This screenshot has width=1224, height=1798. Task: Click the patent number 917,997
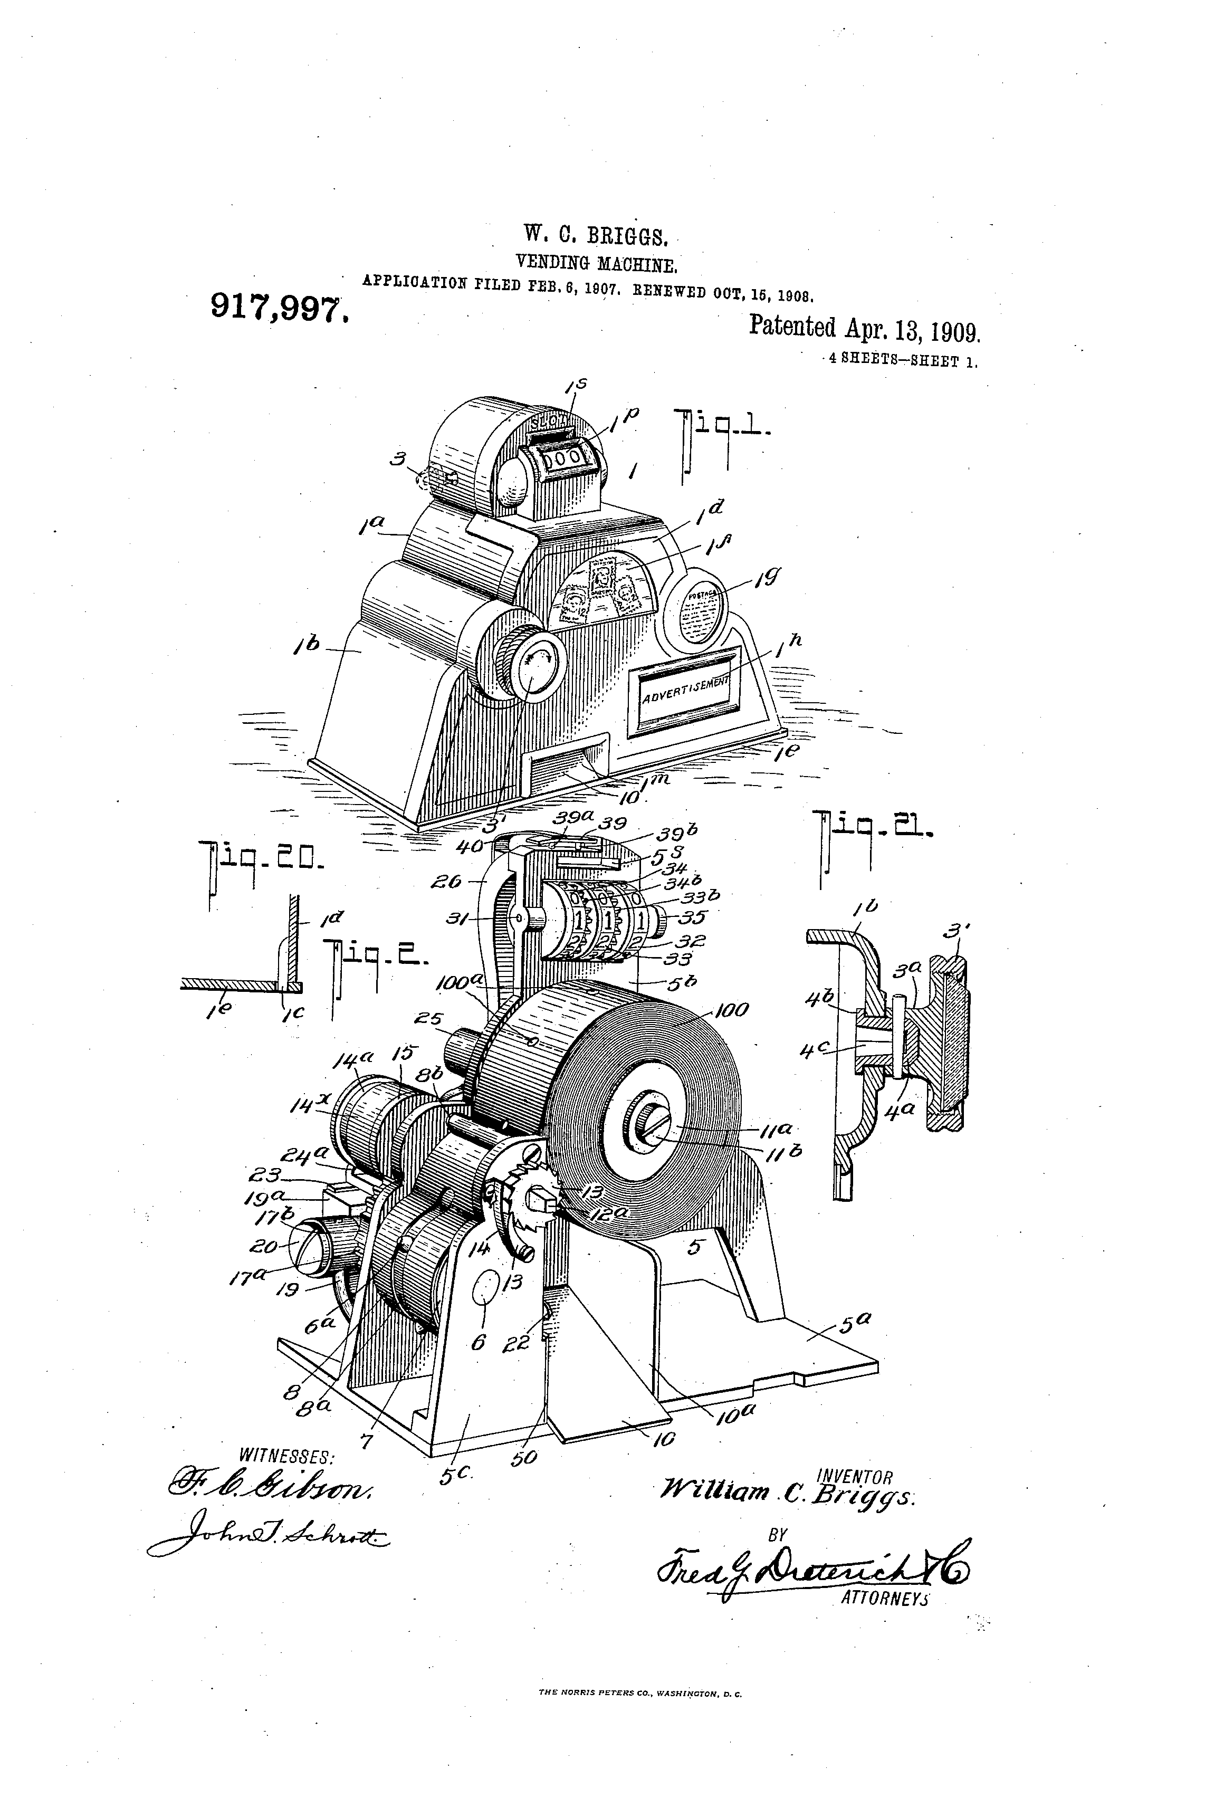click(x=279, y=310)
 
